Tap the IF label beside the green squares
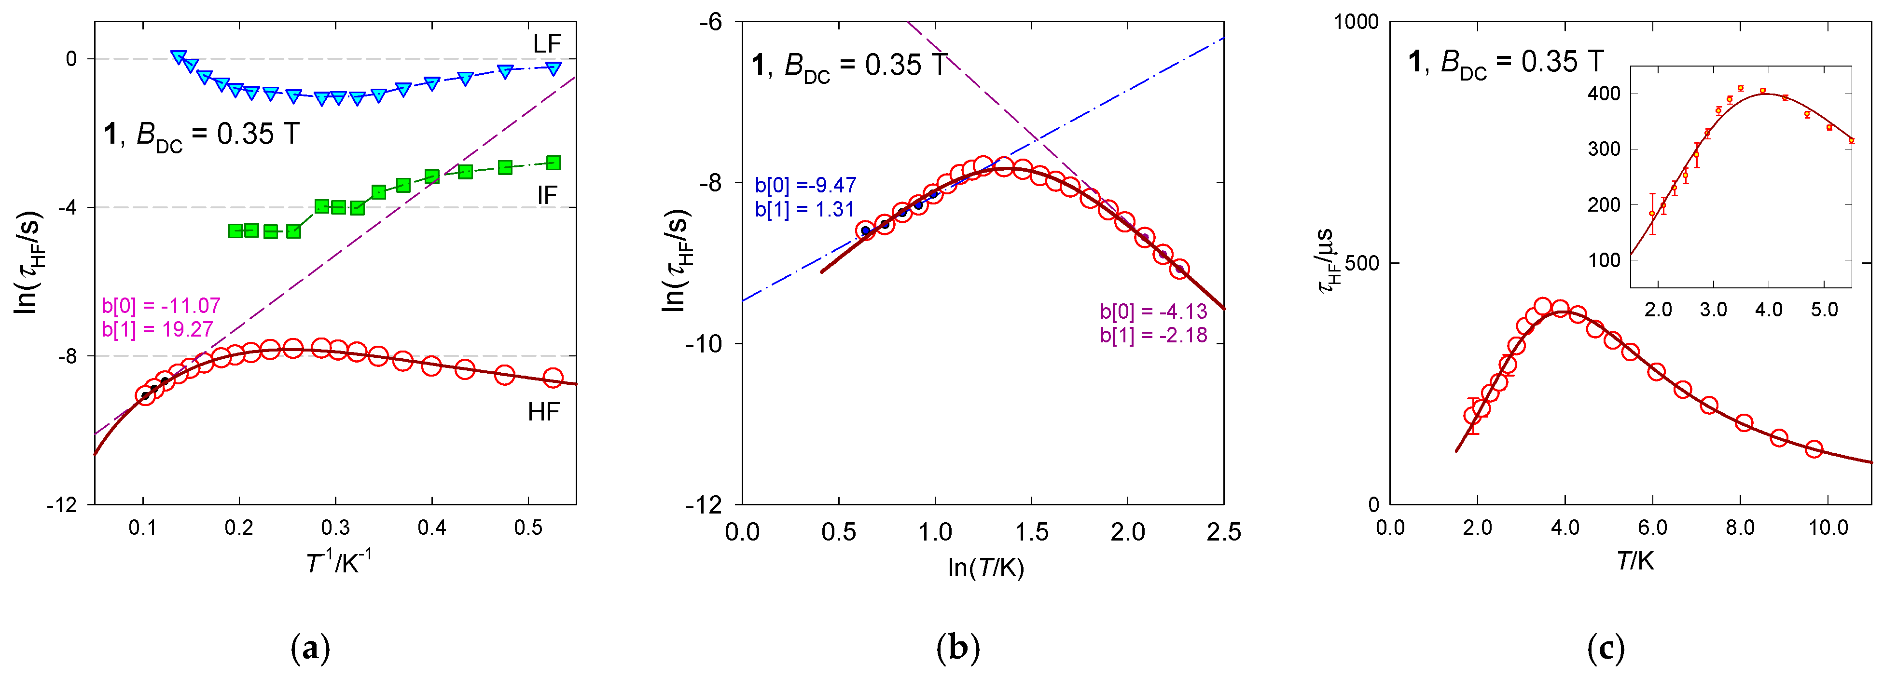point(546,195)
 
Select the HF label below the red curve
point(543,412)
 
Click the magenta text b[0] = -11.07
point(161,305)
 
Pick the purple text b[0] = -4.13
point(1153,312)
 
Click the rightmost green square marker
point(554,162)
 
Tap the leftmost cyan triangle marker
point(178,57)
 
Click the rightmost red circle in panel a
point(553,378)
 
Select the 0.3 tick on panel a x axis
point(335,528)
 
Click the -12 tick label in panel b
point(704,505)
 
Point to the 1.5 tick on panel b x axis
point(1032,531)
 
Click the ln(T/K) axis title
point(986,568)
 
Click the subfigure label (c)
point(1606,648)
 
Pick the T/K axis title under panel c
point(1635,561)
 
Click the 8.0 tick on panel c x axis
point(1740,528)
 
